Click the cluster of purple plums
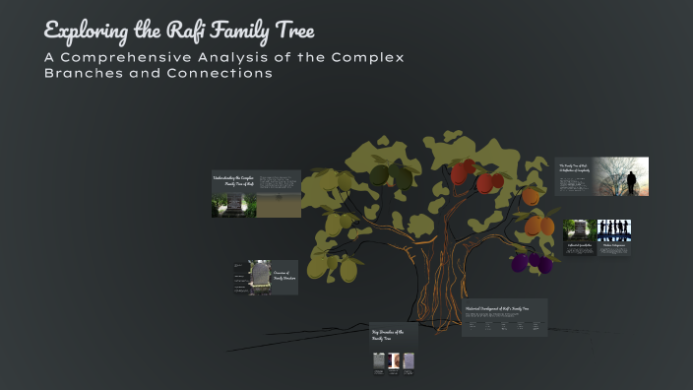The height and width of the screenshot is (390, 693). (x=532, y=263)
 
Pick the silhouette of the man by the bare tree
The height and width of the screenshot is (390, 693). (x=631, y=181)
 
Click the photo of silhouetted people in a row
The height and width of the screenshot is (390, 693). (x=613, y=230)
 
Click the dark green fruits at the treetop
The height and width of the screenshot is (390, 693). (x=390, y=175)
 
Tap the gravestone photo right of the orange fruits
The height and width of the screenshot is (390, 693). (x=576, y=229)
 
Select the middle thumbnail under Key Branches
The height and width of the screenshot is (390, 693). (x=393, y=361)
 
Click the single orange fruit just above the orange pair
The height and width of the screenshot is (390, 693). (x=531, y=196)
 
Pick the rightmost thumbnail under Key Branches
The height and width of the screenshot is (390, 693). (x=408, y=361)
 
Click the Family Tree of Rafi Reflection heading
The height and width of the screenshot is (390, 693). (x=573, y=167)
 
